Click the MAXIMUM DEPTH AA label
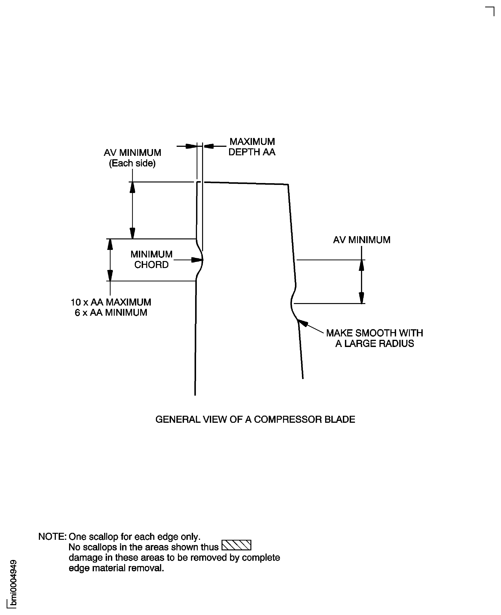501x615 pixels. point(252,147)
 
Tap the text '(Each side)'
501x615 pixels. point(132,163)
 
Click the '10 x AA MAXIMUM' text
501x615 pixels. point(111,302)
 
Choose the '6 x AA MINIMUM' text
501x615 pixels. point(111,312)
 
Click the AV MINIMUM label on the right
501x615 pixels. point(361,240)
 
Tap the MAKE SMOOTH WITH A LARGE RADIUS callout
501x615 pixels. point(374,338)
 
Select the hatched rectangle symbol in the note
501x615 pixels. point(236,545)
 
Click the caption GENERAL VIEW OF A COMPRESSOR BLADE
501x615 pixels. point(255,419)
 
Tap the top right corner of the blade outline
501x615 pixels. point(288,185)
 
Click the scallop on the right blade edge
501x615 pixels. point(292,303)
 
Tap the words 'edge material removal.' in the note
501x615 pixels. point(116,568)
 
